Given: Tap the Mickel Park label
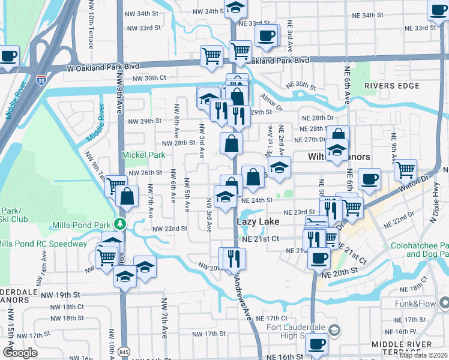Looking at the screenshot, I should [143, 155].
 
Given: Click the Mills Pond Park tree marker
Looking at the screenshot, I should [121, 224].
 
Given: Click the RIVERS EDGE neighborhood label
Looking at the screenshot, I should [391, 86].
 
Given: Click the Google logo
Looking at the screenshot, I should [20, 353].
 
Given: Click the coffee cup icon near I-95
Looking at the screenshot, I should [8, 58].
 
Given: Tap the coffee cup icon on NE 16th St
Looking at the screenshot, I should [316, 345].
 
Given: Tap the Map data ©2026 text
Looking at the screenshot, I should [423, 355].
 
